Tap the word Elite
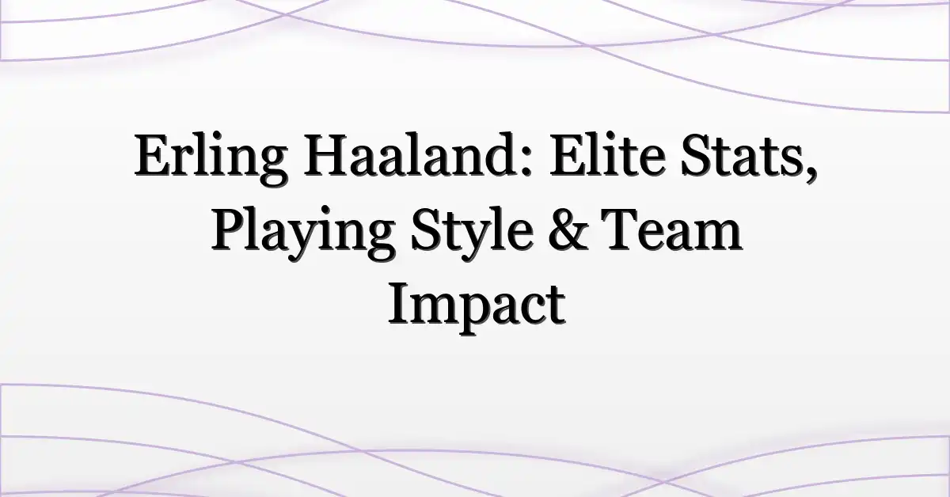coord(607,154)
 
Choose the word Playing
coord(302,233)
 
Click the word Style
coord(472,233)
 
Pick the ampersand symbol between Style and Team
coord(566,230)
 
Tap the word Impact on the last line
coord(477,305)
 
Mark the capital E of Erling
coord(154,155)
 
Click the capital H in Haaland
coord(326,155)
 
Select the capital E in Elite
coord(568,155)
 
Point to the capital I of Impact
coord(400,304)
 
